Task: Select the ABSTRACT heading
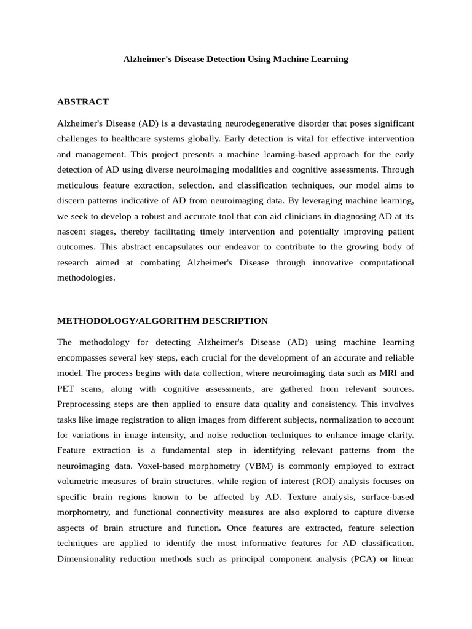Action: [83, 101]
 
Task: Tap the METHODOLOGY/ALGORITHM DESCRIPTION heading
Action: [162, 321]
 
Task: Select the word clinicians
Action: [293, 216]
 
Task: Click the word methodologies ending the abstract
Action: [86, 278]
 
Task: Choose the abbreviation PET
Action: [66, 388]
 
